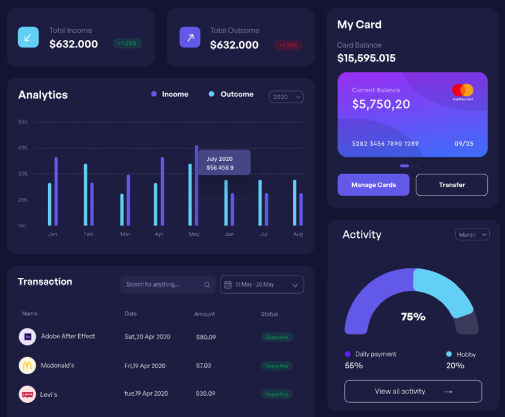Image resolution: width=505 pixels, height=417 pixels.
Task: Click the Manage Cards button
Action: point(373,185)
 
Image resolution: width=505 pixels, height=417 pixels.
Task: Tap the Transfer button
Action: point(452,185)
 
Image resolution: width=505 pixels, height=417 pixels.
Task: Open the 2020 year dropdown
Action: point(286,97)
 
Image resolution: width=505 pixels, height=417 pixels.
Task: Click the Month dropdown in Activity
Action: point(472,235)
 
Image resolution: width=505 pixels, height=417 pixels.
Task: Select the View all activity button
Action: point(413,391)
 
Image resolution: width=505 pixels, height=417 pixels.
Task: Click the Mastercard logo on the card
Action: point(463,91)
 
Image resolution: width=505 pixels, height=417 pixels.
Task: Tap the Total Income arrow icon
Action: point(28,37)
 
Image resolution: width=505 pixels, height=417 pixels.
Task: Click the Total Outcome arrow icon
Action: point(190,37)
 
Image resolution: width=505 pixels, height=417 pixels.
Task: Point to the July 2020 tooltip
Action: point(224,163)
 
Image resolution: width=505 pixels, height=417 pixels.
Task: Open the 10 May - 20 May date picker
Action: point(262,285)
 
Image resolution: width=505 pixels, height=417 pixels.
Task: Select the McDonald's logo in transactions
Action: point(27,365)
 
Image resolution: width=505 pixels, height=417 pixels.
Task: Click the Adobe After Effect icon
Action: point(27,337)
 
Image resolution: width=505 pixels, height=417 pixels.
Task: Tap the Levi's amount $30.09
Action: point(206,394)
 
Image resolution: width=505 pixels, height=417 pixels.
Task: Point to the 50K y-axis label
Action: point(23,122)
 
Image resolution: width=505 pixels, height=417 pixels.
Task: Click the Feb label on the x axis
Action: point(89,234)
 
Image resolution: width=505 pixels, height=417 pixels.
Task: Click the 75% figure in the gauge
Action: point(413,317)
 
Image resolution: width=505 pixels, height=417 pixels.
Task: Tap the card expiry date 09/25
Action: point(464,143)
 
